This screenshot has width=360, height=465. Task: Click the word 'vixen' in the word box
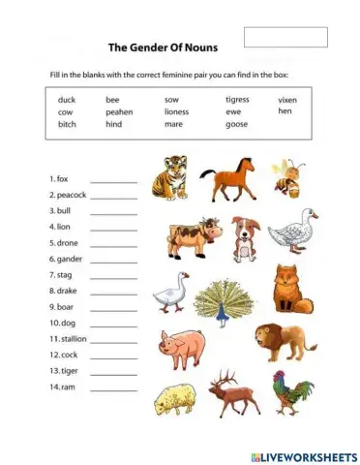point(287,100)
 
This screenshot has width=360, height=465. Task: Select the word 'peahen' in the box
point(119,112)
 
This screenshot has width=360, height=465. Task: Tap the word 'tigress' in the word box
point(237,100)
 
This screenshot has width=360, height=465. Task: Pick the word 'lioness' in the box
point(177,112)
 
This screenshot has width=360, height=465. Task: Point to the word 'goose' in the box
point(236,124)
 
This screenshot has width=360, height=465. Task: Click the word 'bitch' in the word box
point(67,124)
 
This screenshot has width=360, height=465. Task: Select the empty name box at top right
point(285,38)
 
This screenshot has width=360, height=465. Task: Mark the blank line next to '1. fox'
point(114,181)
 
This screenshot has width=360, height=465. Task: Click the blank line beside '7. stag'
point(114,276)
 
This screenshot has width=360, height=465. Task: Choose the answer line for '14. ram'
point(114,387)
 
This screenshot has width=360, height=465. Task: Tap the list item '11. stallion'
point(69,339)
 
